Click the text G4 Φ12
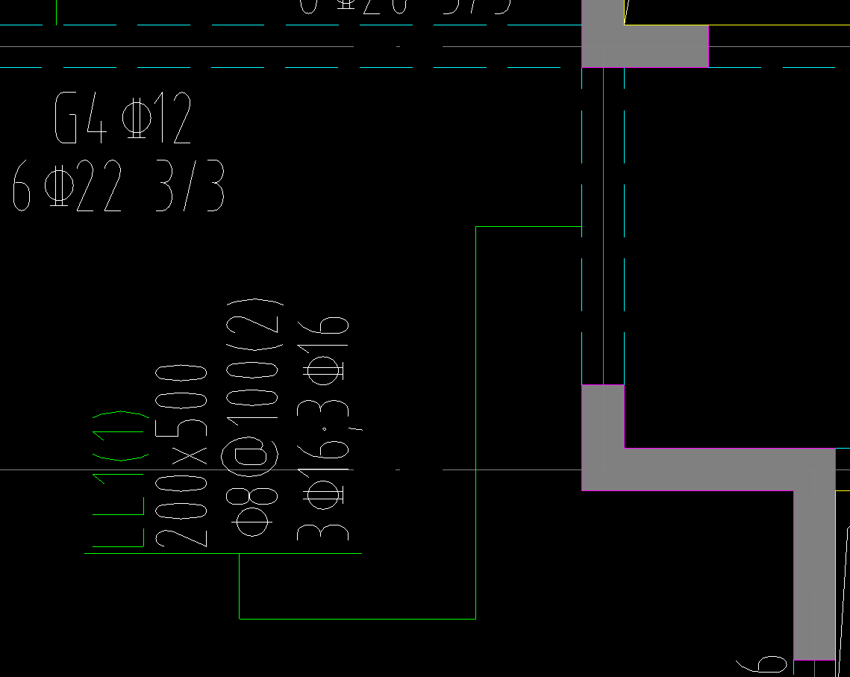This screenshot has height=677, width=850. pos(123,119)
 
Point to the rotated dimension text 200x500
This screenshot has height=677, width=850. pos(181,455)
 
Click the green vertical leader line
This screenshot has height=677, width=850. pos(240,586)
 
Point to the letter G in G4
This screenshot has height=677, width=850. pos(66,119)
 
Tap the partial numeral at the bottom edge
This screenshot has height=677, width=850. pos(762,664)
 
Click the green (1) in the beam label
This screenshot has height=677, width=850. pos(119,436)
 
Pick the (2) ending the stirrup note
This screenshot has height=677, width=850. pos(256,316)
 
